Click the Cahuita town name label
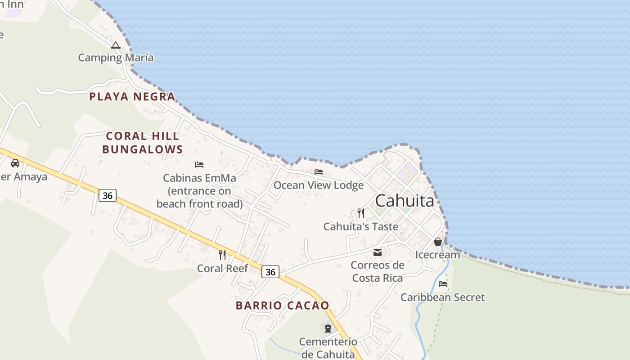click(x=405, y=201)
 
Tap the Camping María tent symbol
click(x=116, y=45)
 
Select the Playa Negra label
click(x=132, y=96)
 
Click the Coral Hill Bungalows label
click(x=142, y=143)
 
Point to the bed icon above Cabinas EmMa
click(x=199, y=165)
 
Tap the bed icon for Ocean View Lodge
click(x=319, y=172)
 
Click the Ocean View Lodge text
click(x=319, y=185)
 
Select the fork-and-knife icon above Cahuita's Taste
click(x=361, y=213)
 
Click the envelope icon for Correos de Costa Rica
click(x=378, y=252)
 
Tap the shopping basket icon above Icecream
click(x=437, y=242)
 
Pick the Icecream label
click(x=437, y=255)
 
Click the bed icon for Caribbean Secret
click(x=443, y=284)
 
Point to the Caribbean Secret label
click(x=443, y=297)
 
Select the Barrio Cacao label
click(x=283, y=306)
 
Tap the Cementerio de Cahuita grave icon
click(x=328, y=328)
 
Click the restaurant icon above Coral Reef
click(x=222, y=255)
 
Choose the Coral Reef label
click(x=222, y=269)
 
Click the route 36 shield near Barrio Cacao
click(x=270, y=272)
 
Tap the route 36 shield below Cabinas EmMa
click(x=108, y=195)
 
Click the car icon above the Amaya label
click(x=15, y=163)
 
